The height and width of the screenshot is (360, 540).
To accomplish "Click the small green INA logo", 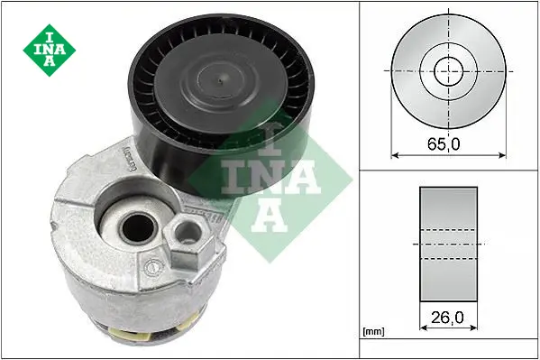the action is pos(50,50).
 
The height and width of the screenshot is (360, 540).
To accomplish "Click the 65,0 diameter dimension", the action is pos(444,144).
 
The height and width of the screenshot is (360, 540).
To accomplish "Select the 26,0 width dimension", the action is pos(447,318).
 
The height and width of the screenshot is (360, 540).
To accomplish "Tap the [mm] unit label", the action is pos(373,332).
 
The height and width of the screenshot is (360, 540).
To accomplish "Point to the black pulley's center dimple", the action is pos(221,81).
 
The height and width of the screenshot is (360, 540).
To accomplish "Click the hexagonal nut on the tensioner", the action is pos(189,242).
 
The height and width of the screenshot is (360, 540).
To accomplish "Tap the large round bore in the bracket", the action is pos(138,228).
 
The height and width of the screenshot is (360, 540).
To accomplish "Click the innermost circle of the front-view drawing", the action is pos(448,71).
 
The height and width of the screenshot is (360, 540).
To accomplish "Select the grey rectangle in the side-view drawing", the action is pos(448,245).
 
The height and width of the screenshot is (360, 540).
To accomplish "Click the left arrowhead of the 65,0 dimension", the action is pos(395,155).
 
